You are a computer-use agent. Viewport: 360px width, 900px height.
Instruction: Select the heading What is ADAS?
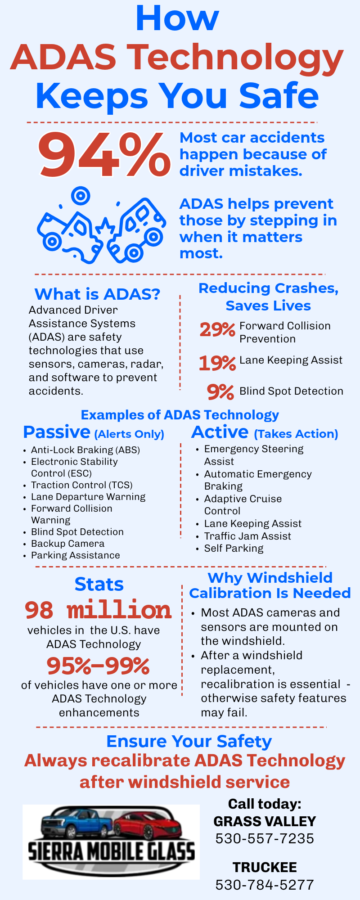click(97, 294)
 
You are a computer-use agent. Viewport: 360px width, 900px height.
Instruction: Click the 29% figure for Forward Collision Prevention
click(217, 330)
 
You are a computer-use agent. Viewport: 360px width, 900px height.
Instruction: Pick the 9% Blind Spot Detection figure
click(220, 392)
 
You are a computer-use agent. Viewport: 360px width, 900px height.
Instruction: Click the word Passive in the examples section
click(57, 432)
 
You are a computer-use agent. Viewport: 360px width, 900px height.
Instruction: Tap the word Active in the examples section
click(220, 432)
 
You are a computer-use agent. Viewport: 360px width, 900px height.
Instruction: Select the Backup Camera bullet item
click(67, 544)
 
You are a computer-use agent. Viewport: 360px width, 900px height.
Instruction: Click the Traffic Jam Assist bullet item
click(247, 536)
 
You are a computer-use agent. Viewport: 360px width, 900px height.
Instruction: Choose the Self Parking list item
click(234, 548)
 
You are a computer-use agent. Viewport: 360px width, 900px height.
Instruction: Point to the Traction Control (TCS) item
click(81, 485)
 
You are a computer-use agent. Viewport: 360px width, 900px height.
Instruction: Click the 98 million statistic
click(98, 610)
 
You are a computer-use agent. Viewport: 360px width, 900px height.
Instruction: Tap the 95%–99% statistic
click(98, 666)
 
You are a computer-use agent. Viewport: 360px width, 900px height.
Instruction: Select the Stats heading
click(99, 585)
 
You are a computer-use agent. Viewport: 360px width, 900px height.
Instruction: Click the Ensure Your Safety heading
click(189, 741)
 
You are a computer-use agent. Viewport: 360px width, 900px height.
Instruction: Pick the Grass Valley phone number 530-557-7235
click(265, 838)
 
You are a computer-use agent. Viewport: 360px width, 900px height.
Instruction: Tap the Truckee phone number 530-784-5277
click(265, 885)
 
